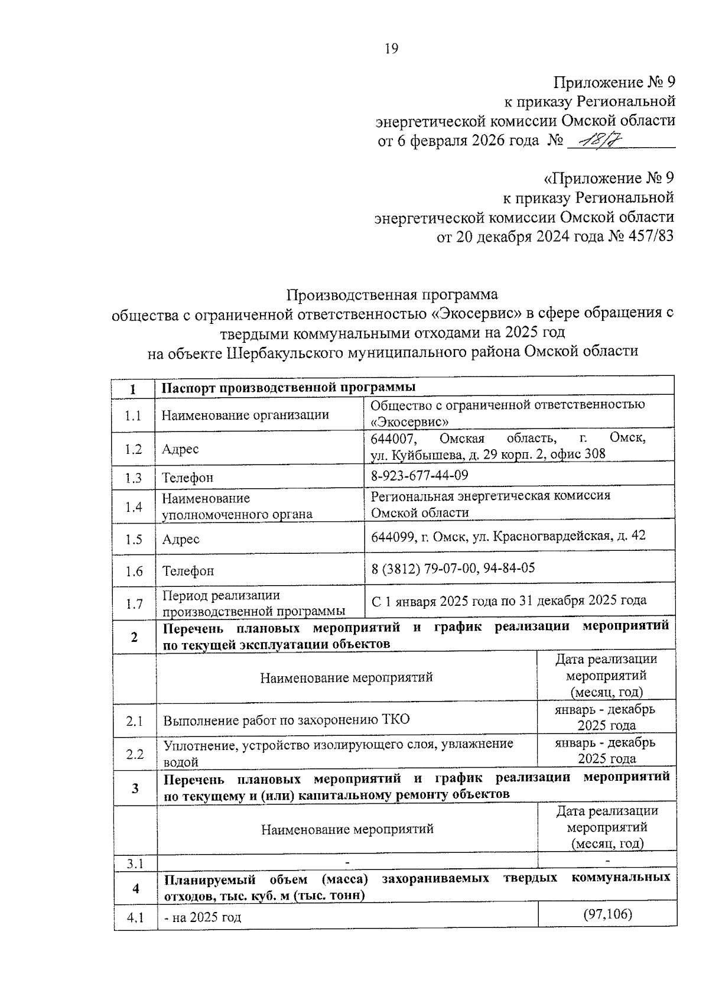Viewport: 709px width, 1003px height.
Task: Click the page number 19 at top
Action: click(392, 49)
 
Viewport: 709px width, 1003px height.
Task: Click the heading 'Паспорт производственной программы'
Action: click(289, 387)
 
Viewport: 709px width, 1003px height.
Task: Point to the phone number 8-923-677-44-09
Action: click(419, 475)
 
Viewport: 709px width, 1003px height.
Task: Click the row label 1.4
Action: click(134, 507)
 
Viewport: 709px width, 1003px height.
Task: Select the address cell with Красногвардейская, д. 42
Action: click(508, 536)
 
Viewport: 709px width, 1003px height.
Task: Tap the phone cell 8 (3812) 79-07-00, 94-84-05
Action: click(453, 568)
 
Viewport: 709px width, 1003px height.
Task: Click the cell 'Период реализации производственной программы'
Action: click(254, 603)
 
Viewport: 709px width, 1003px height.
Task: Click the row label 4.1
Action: click(135, 918)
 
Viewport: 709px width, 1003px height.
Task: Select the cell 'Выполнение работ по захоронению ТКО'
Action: click(287, 720)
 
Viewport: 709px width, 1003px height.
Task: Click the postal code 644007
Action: click(393, 439)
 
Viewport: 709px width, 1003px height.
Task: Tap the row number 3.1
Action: click(135, 864)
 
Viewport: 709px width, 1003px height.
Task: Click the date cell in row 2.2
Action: click(606, 750)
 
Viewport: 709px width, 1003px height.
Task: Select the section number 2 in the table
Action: click(134, 637)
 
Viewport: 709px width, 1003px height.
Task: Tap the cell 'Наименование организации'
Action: click(245, 415)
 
